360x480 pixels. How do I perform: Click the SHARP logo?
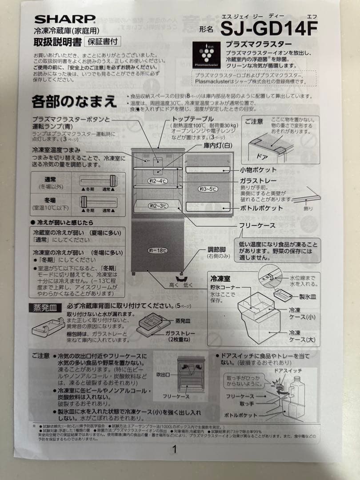coord(65,19)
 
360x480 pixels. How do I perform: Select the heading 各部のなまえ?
coord(74,101)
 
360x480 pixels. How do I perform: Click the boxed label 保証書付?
coord(102,42)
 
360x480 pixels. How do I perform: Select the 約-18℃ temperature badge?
coord(157,251)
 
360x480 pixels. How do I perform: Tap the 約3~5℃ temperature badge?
coord(208,189)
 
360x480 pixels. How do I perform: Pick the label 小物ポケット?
coord(258,170)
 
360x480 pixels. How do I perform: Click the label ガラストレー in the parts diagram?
coord(258,180)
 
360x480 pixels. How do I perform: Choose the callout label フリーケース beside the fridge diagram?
coord(257,226)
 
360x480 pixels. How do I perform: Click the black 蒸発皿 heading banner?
coord(45,307)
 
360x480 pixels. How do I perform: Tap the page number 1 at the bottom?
coord(175,449)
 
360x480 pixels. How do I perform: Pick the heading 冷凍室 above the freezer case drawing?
coord(220,279)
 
